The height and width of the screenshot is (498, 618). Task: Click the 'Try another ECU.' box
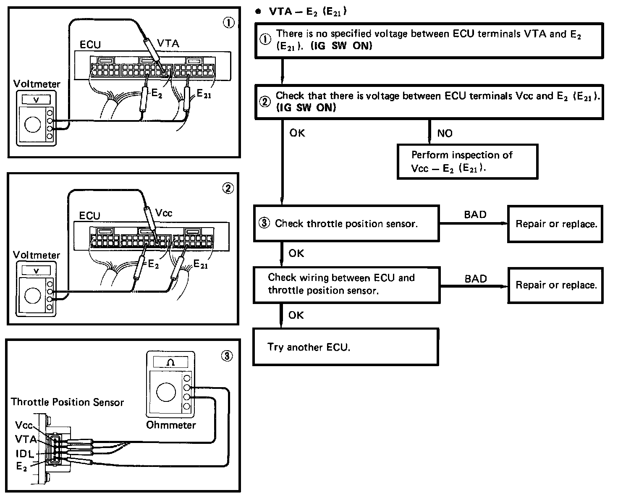coord(346,347)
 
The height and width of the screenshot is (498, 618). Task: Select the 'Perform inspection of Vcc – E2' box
coord(467,162)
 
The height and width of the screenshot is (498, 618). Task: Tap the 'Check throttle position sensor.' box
coord(346,223)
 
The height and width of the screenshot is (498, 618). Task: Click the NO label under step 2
coord(445,134)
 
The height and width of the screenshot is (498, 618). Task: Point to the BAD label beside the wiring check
coord(476,279)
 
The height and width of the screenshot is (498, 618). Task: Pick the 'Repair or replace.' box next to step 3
coord(556,224)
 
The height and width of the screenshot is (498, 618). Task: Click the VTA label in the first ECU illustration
coord(168,43)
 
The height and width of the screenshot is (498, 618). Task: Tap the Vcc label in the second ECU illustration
coord(164,213)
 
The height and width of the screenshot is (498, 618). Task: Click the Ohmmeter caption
coord(171,425)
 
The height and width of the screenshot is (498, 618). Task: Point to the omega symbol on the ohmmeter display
coord(171,362)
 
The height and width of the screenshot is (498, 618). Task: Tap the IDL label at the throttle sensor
coord(25,453)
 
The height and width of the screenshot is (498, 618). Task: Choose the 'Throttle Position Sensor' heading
coord(68,402)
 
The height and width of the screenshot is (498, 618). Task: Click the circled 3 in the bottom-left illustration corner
coord(226,356)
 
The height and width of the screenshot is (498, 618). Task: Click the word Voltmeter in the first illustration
coord(37,84)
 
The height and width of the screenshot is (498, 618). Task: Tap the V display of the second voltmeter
coord(36,271)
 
